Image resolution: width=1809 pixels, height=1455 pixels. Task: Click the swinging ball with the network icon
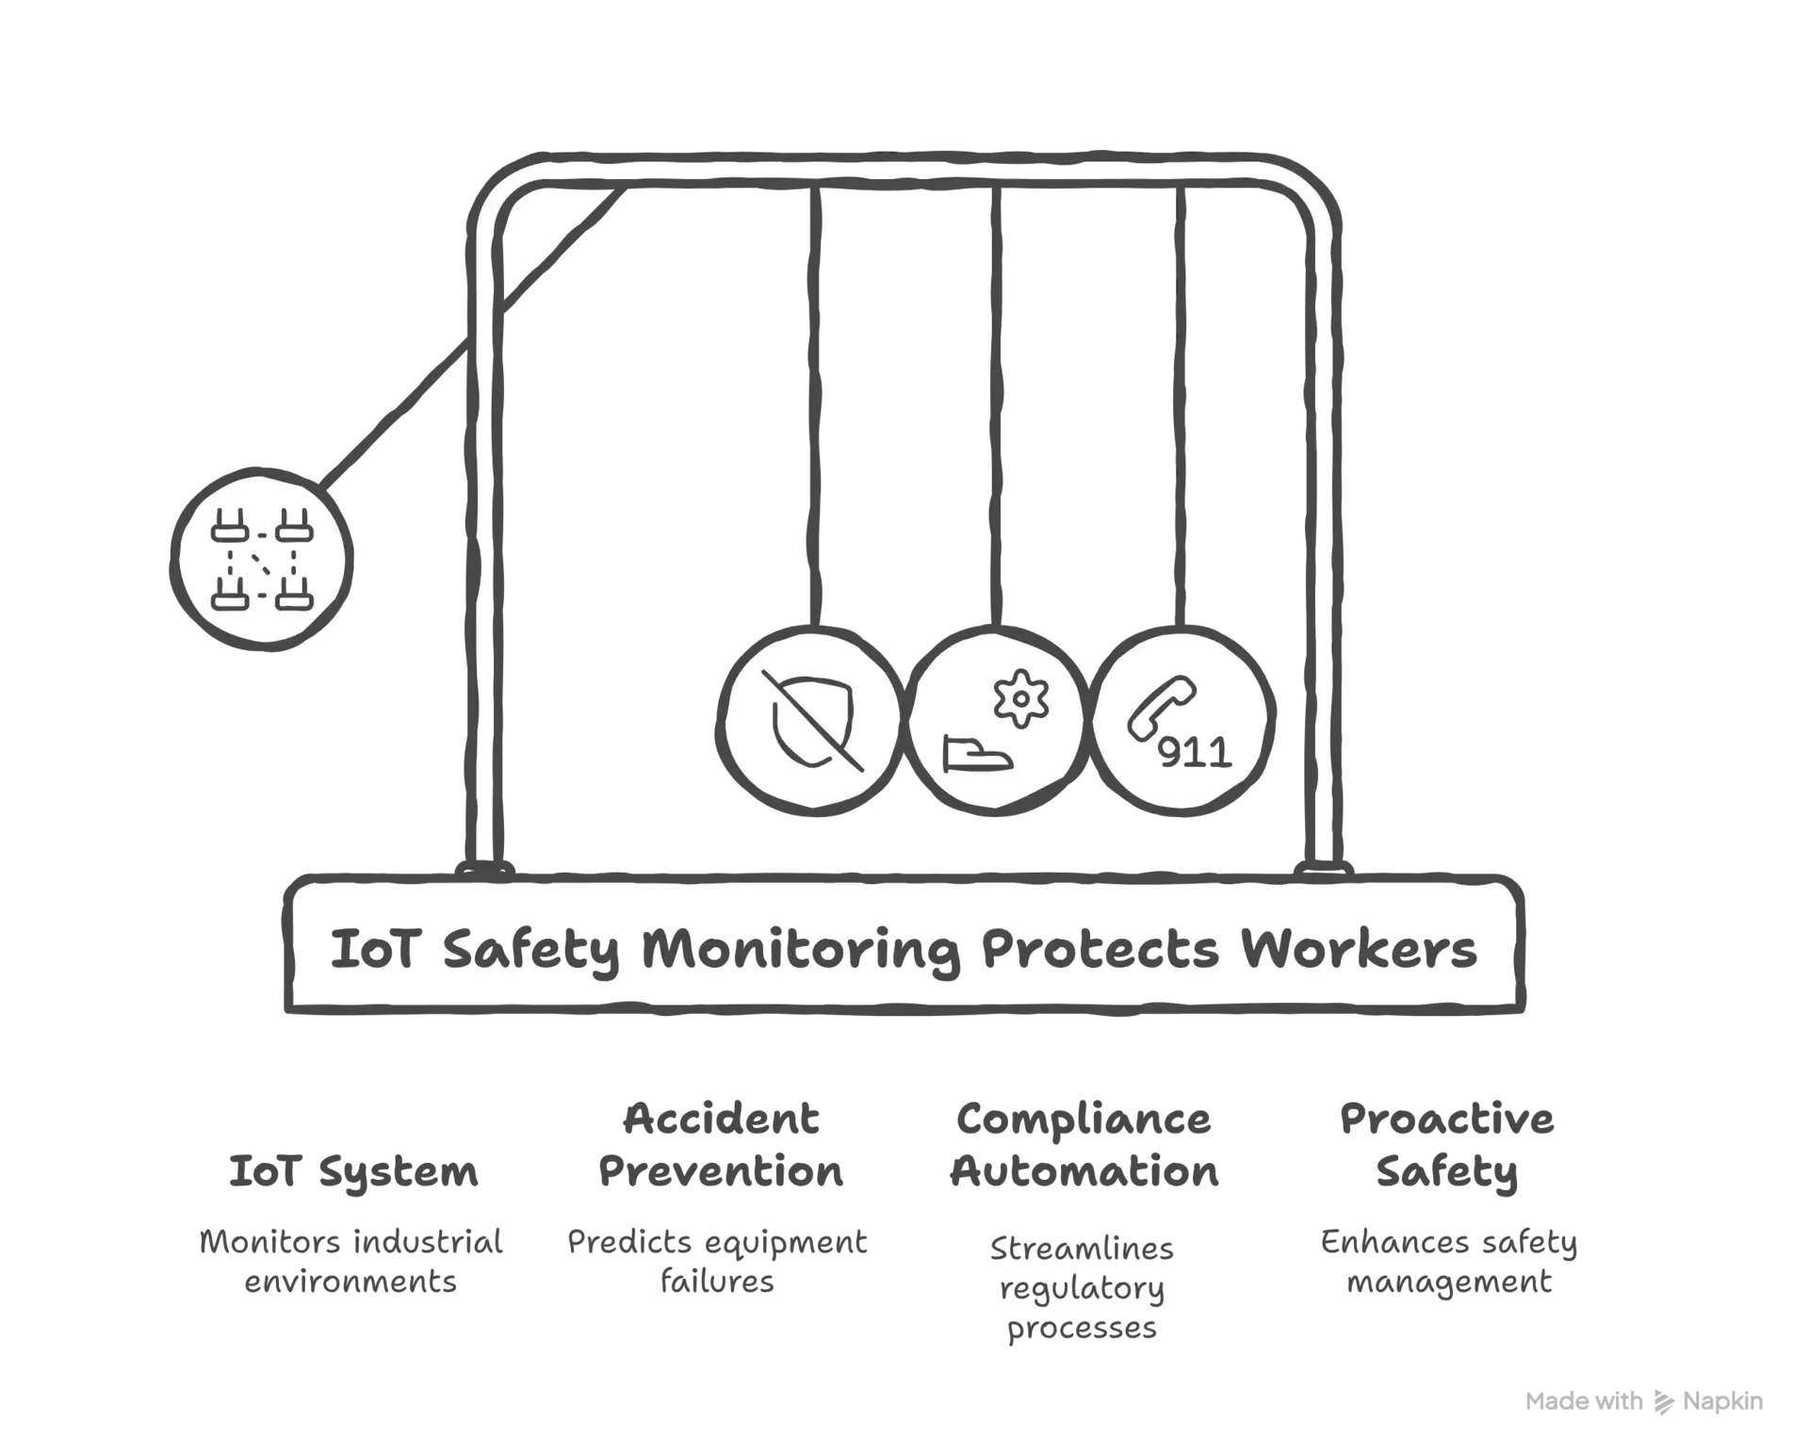262,559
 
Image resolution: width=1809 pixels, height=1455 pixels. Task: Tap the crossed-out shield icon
812,720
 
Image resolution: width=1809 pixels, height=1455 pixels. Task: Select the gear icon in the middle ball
1020,698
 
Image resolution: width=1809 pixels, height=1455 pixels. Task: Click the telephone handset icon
1162,708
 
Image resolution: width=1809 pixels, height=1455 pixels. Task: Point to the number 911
1195,753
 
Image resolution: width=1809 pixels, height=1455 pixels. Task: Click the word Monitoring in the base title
801,950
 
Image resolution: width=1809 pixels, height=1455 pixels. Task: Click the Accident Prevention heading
721,1145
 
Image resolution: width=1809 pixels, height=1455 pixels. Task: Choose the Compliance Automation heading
1084,1145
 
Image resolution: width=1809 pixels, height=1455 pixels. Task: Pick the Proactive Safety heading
1447,1146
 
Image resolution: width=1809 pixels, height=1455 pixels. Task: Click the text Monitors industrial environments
350,1262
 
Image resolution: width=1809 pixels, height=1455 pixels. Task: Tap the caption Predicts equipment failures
717,1262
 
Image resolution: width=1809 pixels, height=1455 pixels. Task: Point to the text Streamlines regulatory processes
1082,1288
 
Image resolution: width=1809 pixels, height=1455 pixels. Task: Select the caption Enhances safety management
1449,1262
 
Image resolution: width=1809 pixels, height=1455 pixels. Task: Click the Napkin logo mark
1664,1402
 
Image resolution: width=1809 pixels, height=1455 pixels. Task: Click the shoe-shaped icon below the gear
977,755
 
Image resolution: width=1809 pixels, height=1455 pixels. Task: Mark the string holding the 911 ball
1181,405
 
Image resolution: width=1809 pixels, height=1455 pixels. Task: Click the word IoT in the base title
373,949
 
